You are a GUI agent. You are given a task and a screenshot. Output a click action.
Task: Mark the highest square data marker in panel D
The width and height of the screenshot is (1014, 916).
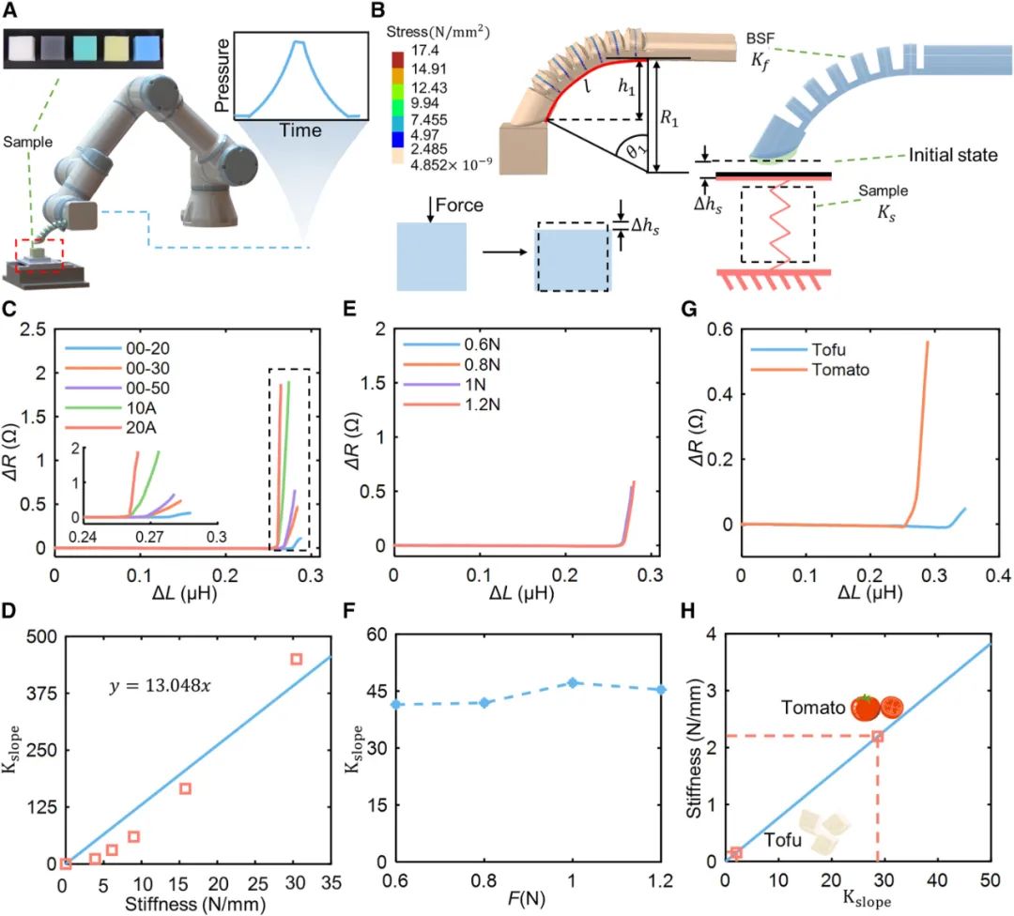[297, 659]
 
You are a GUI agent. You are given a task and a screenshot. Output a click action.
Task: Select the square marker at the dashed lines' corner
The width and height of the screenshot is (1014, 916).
[877, 737]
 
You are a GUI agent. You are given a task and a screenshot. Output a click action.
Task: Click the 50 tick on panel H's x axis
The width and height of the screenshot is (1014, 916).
[989, 883]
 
